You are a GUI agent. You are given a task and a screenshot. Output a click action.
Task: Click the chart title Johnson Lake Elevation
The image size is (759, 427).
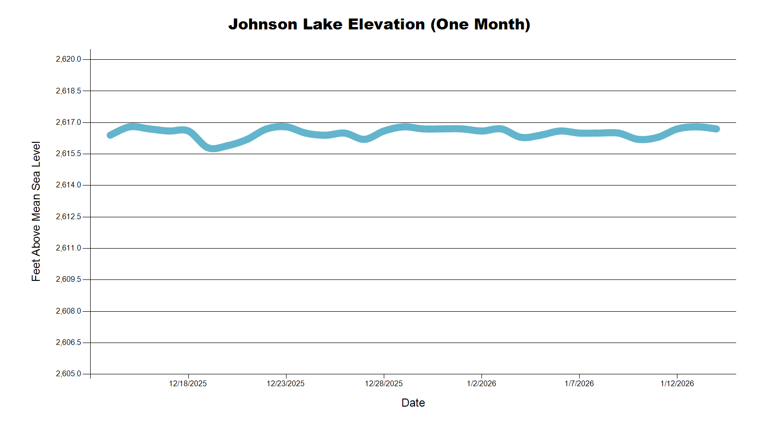[x=379, y=24]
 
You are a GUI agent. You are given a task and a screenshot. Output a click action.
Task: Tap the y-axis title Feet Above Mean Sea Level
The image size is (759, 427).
[x=36, y=211]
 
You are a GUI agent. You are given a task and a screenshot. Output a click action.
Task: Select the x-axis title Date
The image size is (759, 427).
[x=413, y=403]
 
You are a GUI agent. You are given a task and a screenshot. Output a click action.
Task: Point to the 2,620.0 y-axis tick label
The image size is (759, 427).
[x=68, y=59]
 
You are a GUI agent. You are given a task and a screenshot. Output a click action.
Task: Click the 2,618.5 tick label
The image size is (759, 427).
[x=68, y=91]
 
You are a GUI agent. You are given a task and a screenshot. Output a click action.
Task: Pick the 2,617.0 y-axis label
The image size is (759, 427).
[x=68, y=122]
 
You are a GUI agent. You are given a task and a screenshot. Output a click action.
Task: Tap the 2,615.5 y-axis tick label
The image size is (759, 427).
[x=68, y=154]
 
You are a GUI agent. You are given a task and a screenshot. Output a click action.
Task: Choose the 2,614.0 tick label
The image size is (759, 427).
[x=68, y=185]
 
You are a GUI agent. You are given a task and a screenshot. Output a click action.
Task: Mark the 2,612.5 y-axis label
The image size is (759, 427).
[x=68, y=217]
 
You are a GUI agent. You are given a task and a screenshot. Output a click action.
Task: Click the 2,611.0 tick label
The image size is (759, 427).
[x=68, y=248]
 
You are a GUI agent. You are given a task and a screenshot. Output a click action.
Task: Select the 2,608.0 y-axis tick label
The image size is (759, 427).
[x=68, y=311]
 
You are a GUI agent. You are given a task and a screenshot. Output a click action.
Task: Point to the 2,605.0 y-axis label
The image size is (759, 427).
[x=68, y=374]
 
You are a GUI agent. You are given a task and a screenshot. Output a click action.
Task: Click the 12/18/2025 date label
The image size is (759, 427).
[x=188, y=383]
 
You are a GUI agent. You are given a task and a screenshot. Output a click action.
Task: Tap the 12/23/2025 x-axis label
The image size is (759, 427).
[x=286, y=383]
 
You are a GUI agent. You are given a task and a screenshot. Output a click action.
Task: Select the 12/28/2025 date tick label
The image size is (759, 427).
[x=384, y=383]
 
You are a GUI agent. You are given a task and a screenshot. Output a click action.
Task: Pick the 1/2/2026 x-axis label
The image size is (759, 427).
[x=481, y=383]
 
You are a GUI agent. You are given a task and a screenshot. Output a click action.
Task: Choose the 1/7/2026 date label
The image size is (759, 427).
[x=579, y=383]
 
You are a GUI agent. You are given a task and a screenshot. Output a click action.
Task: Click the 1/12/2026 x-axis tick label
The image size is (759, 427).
[x=677, y=383]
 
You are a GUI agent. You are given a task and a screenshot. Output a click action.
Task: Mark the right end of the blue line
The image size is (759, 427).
[x=717, y=129]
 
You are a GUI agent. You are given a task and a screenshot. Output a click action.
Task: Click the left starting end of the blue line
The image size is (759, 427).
[x=110, y=135]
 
